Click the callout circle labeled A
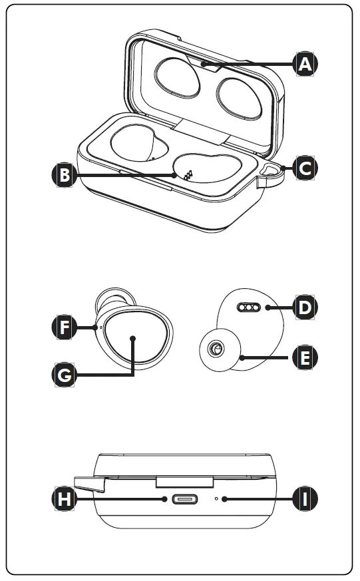click(305, 64)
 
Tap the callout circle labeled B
click(64, 175)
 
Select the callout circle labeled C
click(305, 168)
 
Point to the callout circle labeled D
click(305, 307)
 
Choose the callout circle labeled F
click(64, 327)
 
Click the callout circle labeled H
click(64, 498)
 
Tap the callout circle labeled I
click(305, 498)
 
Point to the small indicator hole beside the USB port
click(217, 498)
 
